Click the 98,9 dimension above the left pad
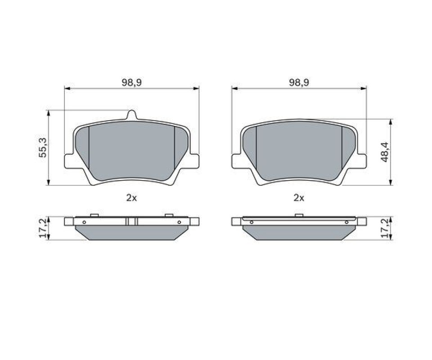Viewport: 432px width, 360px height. click(x=132, y=82)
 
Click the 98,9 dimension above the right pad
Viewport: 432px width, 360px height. click(x=299, y=82)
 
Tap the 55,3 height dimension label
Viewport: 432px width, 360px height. click(x=43, y=148)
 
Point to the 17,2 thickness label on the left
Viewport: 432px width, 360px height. click(x=43, y=228)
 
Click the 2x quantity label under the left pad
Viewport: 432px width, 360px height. click(x=131, y=198)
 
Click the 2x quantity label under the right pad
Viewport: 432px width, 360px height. click(x=299, y=198)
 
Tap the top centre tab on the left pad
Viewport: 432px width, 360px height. click(x=132, y=115)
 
